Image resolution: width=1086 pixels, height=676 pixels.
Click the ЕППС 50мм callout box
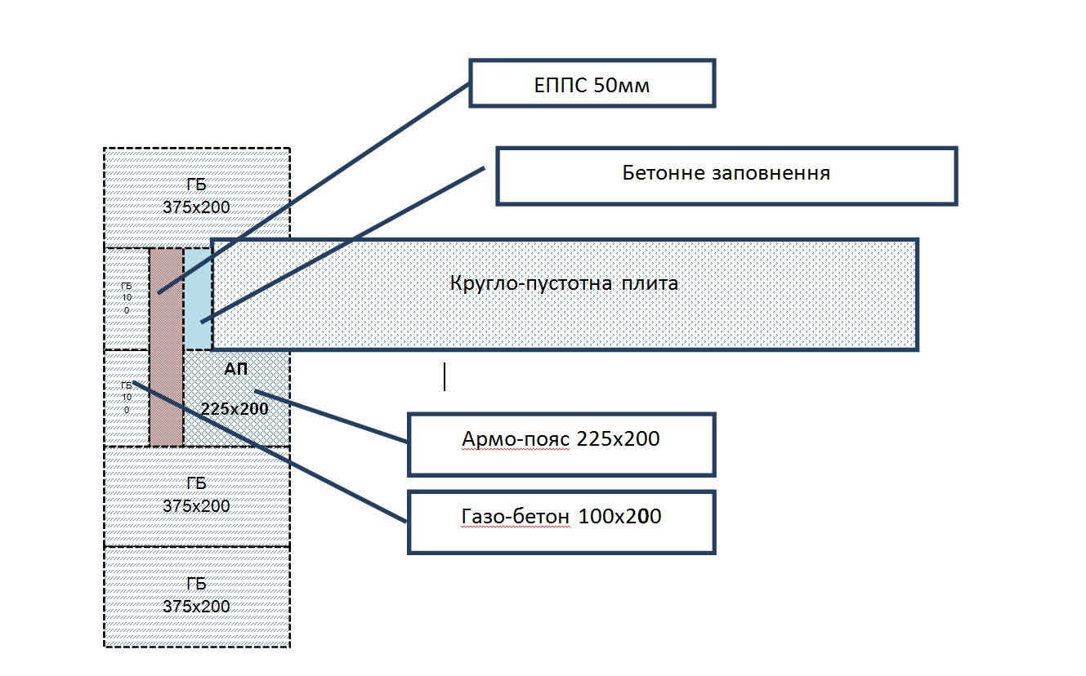click(592, 83)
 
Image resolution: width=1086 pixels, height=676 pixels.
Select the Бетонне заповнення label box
click(726, 176)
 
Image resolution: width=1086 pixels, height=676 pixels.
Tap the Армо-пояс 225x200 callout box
click(561, 444)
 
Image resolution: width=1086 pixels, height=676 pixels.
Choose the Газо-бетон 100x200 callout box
click(561, 522)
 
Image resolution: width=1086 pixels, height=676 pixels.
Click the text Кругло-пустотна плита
click(563, 283)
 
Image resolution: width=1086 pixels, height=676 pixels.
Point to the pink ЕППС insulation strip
click(167, 347)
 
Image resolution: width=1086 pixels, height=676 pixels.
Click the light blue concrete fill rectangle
click(198, 299)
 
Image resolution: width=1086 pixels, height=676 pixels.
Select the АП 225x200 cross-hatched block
click(237, 398)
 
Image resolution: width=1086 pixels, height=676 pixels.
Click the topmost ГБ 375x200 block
click(197, 198)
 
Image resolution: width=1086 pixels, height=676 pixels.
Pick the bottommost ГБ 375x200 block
click(197, 597)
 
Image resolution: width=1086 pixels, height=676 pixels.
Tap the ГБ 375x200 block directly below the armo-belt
click(197, 496)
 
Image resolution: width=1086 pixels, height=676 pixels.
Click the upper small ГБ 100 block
click(127, 299)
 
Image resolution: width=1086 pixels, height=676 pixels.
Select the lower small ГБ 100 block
click(127, 398)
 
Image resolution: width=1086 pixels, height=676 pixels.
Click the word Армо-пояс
click(516, 439)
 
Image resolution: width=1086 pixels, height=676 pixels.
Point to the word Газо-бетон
click(516, 517)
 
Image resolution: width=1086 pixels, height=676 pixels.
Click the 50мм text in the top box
click(621, 85)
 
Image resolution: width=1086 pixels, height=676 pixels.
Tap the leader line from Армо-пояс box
click(331, 416)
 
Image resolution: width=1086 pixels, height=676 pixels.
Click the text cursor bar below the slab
click(445, 376)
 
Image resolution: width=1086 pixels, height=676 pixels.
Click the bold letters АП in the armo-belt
click(236, 369)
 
